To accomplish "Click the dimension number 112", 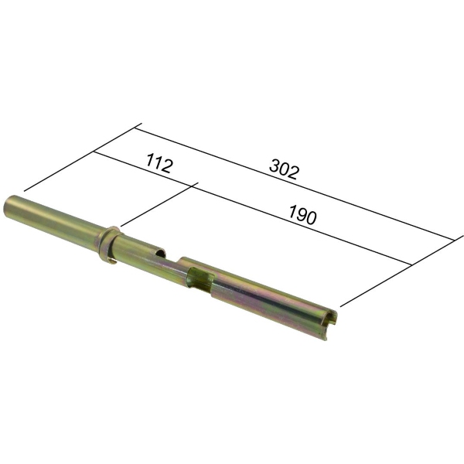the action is pyautogui.click(x=159, y=162).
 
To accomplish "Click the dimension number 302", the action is pyautogui.click(x=284, y=169).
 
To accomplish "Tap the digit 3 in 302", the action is pyautogui.click(x=275, y=165).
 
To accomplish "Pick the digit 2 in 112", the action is pyautogui.click(x=166, y=165).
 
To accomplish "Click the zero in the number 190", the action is pyautogui.click(x=312, y=218).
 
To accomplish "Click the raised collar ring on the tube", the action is pyautogui.click(x=108, y=244).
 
